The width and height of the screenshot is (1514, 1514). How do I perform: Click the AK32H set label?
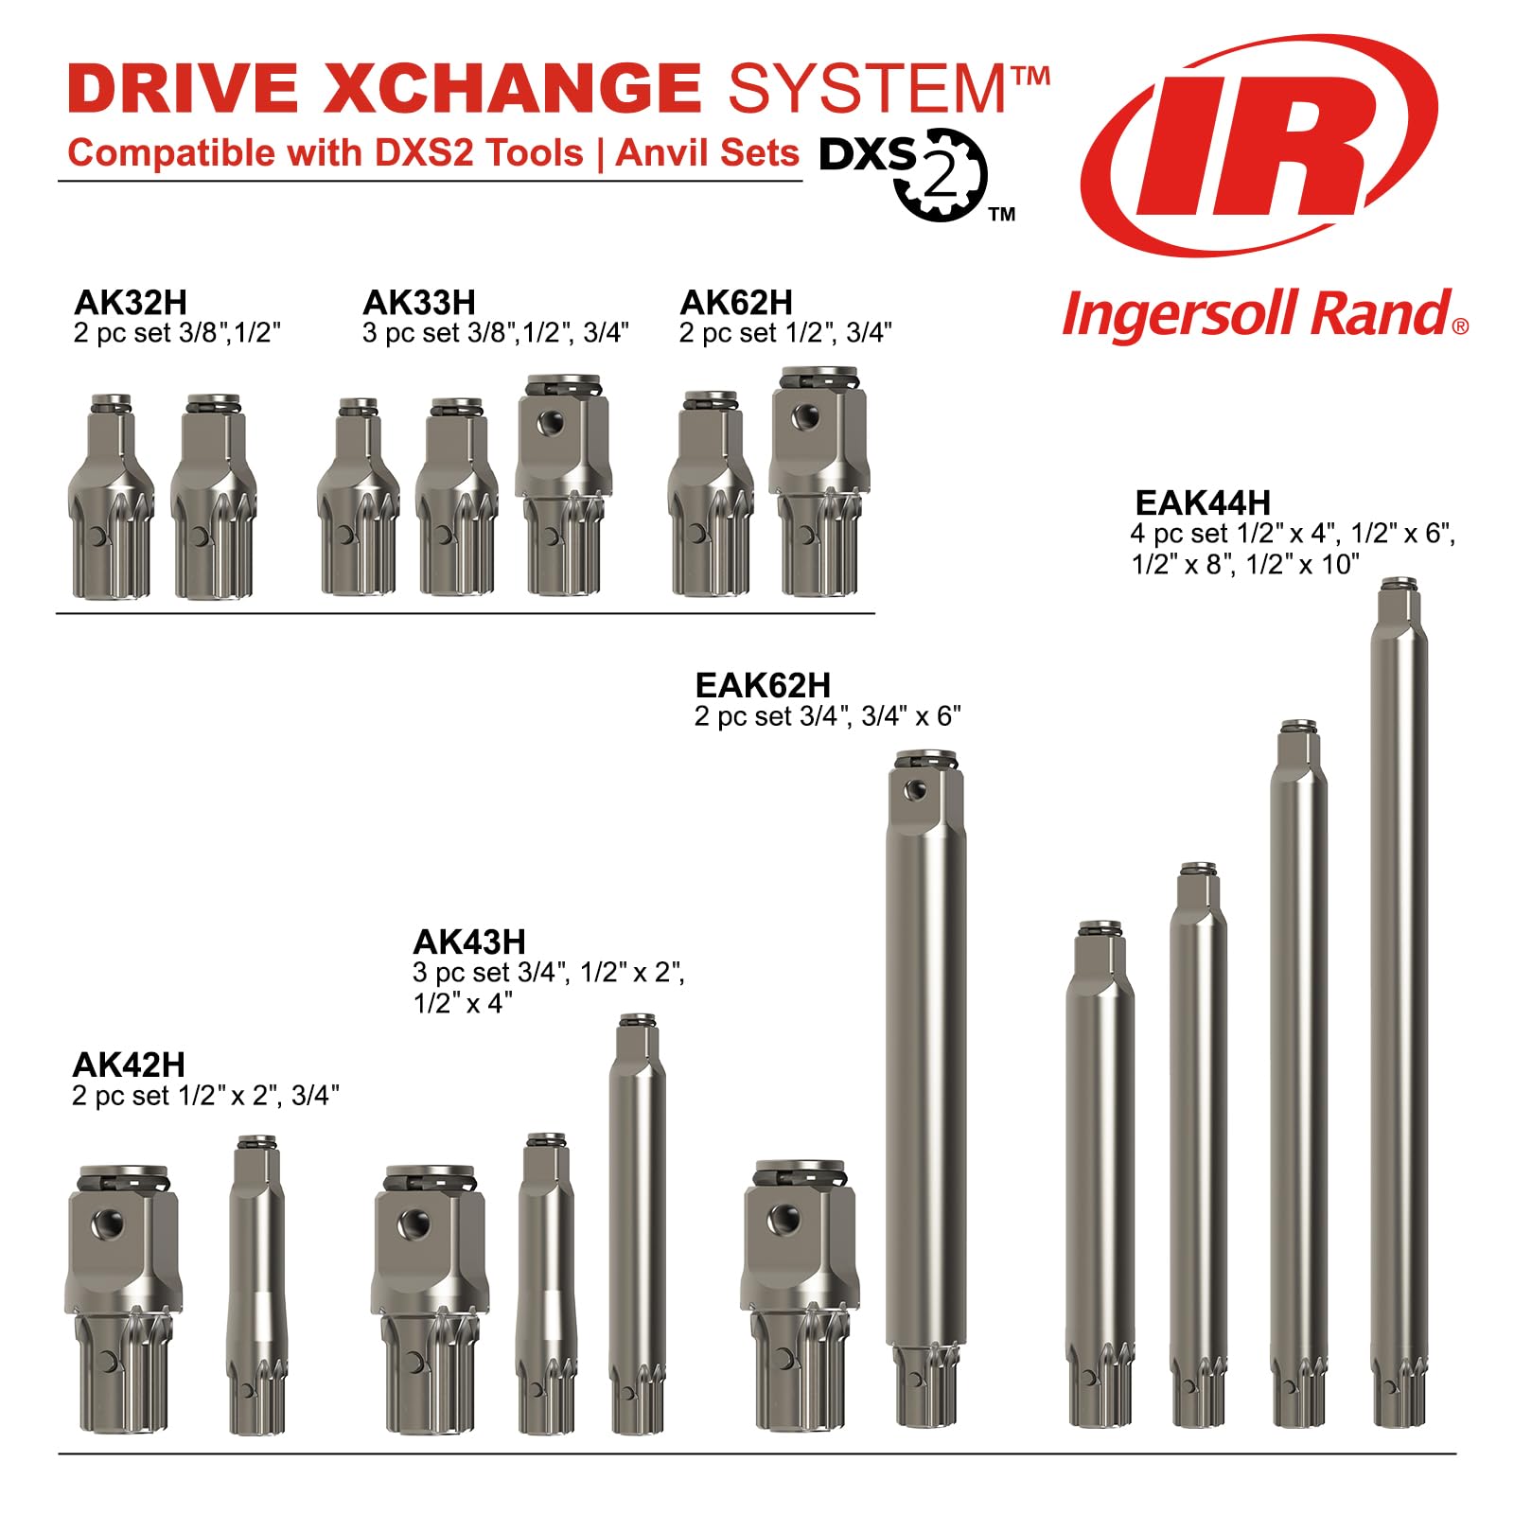pos(131,303)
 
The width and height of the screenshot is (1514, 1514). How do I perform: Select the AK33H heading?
pos(419,303)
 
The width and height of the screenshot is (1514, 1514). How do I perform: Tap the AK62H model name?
pos(736,303)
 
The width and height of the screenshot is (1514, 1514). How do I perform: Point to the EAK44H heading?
pos(1202,502)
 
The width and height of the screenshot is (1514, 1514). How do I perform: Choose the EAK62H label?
pos(763,685)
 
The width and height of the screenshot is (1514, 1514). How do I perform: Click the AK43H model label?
pos(469,942)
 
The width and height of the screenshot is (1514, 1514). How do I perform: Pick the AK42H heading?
pos(129,1065)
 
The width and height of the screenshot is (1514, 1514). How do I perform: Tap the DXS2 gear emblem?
pos(940,175)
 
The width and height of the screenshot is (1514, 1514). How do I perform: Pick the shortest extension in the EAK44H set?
pos(1100,1173)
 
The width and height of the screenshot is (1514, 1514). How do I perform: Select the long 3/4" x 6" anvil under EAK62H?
pos(925,1088)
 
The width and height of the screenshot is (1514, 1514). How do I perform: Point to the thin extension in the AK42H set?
pos(256,1284)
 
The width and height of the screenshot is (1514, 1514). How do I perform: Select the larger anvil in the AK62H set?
pos(819,483)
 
